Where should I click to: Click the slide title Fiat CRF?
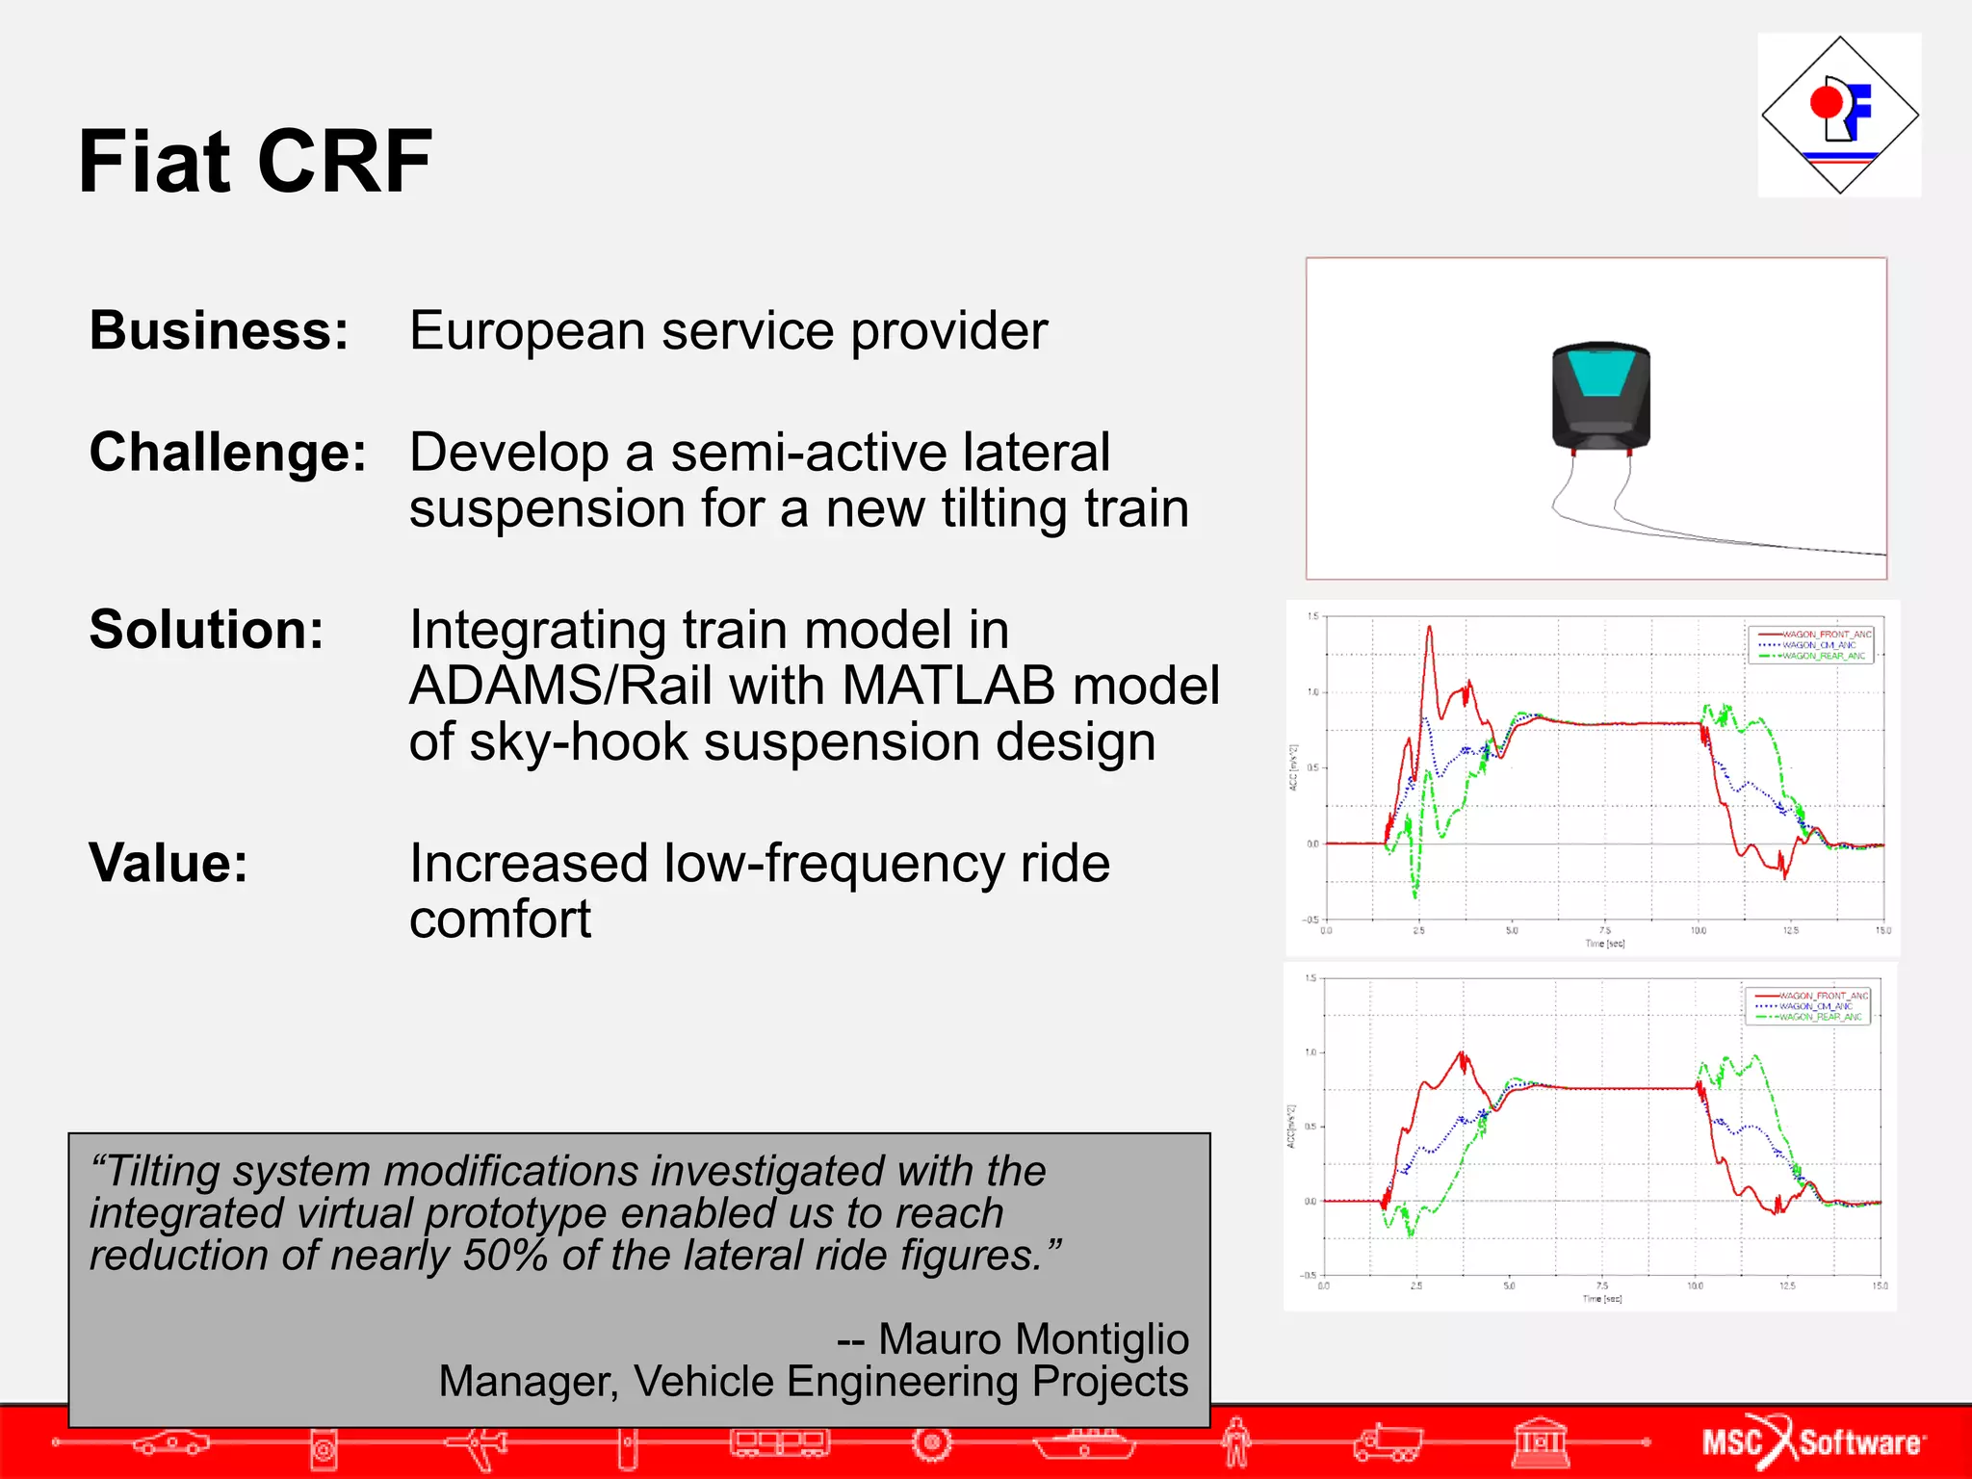255,162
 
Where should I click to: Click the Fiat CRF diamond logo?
1839,116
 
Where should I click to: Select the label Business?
219,330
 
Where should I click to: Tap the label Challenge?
228,452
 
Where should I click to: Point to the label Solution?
206,630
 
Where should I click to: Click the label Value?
169,863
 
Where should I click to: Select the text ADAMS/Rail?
616,686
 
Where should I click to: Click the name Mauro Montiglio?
1033,1338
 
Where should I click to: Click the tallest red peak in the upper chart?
1429,630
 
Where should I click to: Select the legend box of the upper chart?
1811,644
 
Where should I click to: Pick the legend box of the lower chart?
1807,1005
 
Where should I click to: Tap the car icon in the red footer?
170,1441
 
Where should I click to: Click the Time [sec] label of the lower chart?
1602,1299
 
